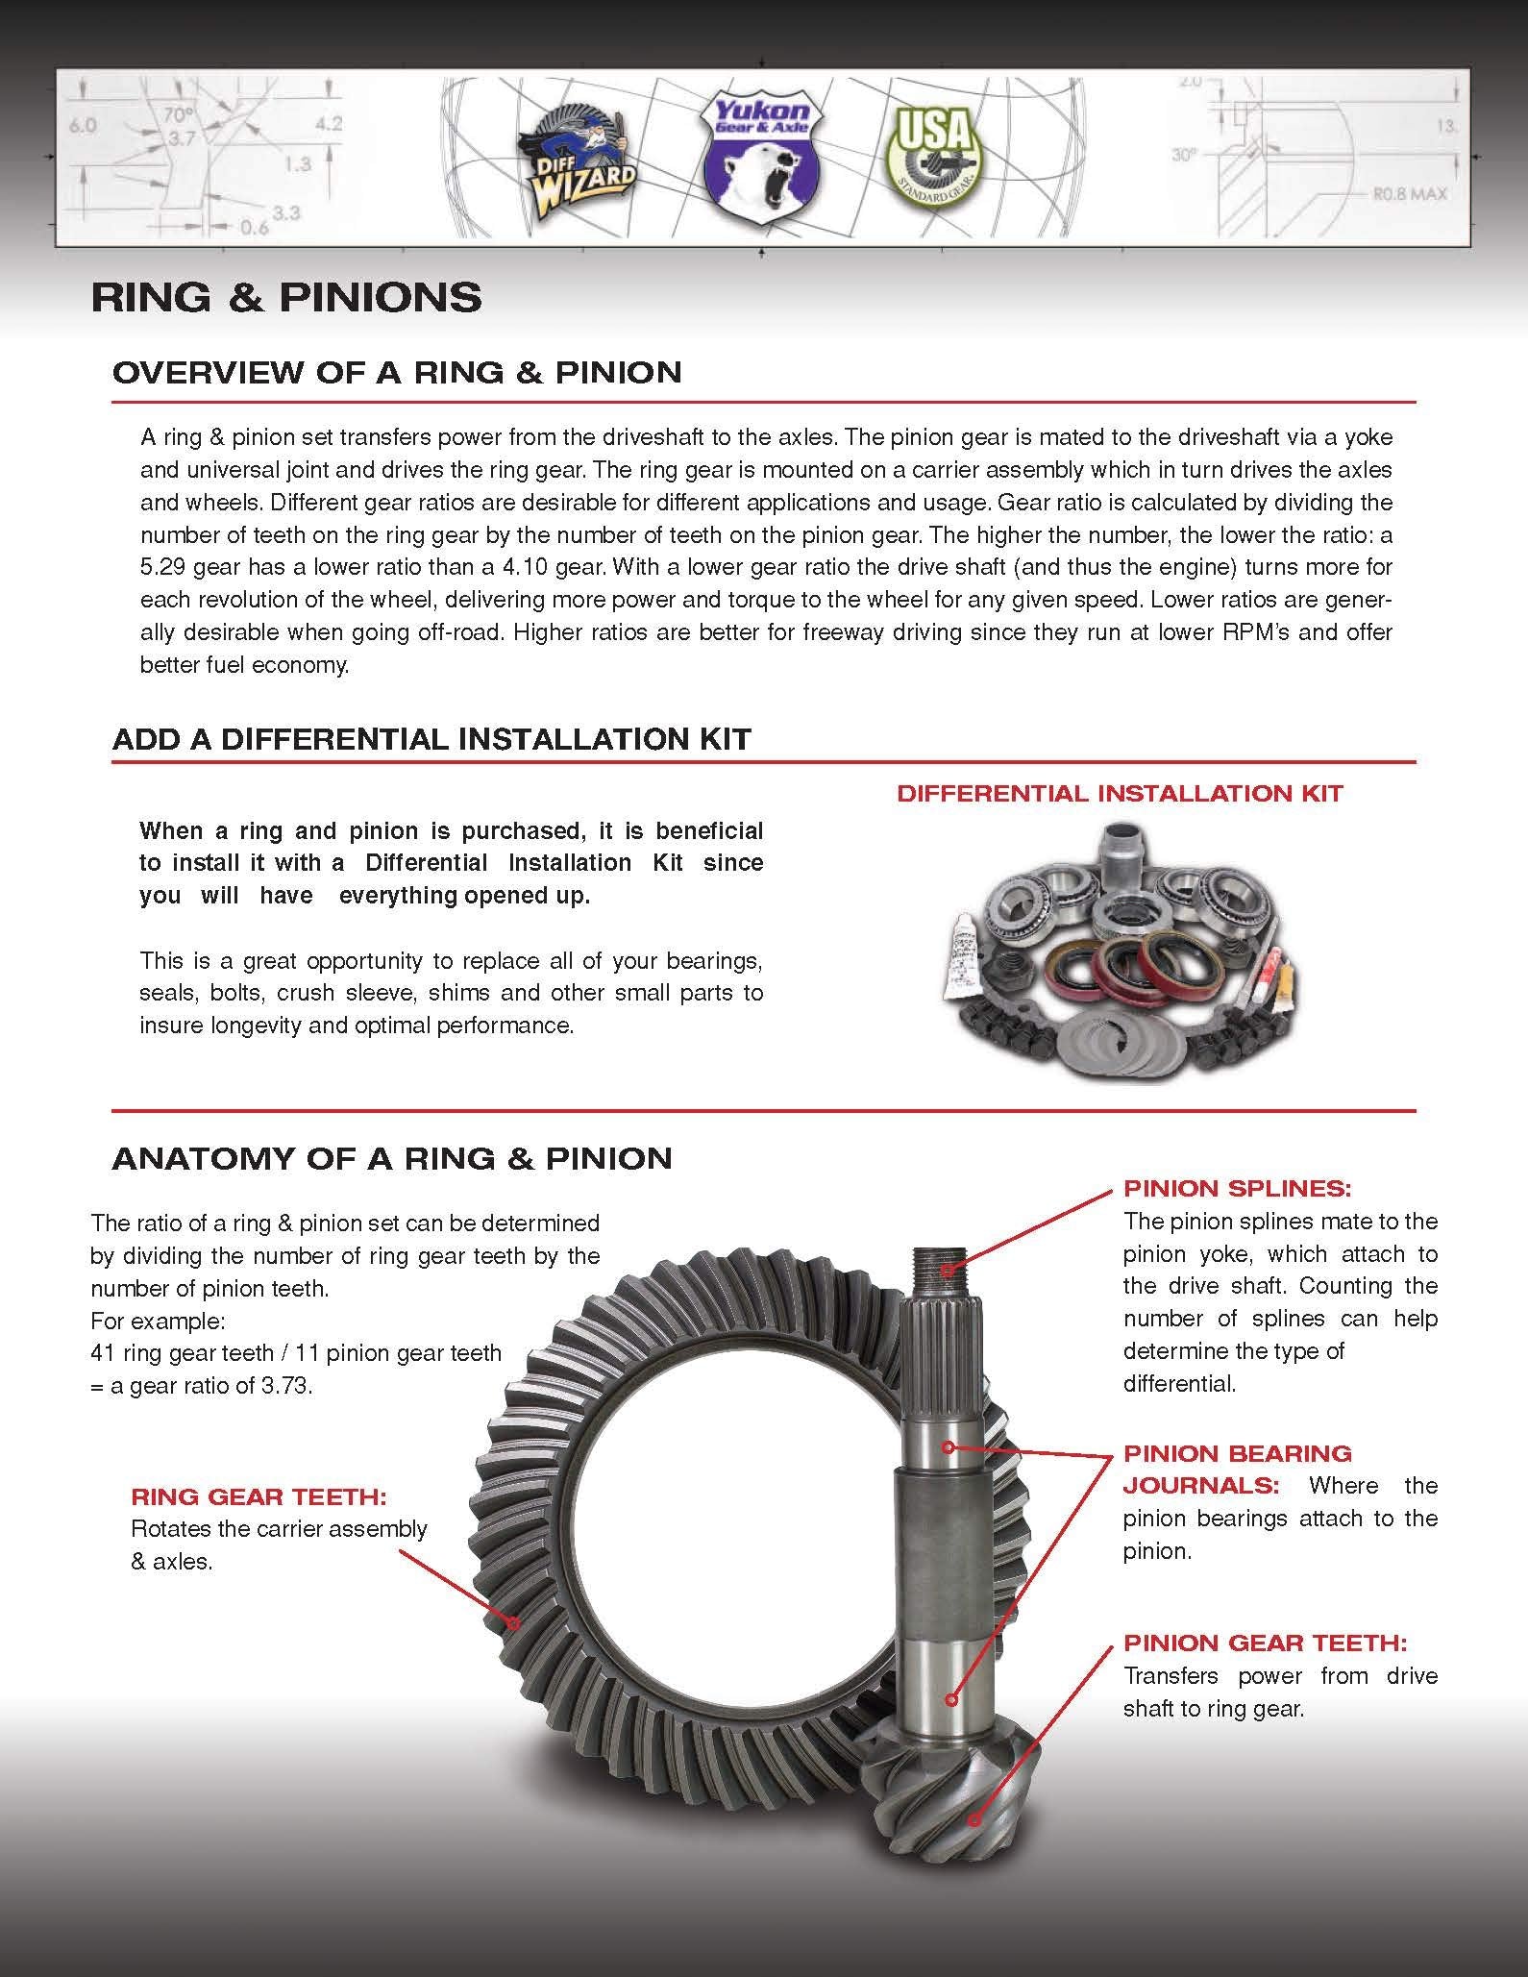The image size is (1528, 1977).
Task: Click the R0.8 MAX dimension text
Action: pos(1408,194)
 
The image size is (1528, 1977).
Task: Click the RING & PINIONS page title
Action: pos(286,298)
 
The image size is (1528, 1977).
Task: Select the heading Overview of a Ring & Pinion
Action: pos(397,373)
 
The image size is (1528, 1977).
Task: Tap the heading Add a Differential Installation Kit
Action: pos(431,739)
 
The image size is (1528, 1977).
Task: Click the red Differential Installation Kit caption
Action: pos(1120,794)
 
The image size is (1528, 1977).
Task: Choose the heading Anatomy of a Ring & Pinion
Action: pos(392,1158)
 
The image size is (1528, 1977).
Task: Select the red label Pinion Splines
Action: pos(1237,1188)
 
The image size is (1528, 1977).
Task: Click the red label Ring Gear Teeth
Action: pos(259,1496)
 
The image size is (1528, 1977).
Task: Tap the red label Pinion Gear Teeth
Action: pos(1266,1643)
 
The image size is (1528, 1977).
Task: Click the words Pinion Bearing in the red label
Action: pos(1237,1453)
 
